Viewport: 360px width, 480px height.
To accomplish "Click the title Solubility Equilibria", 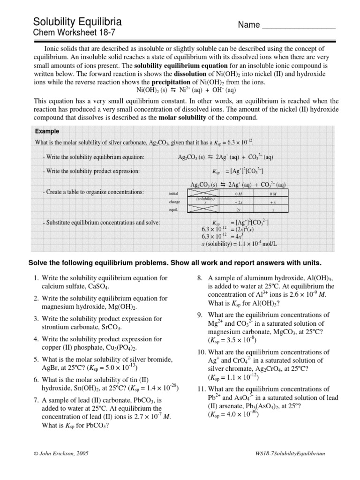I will tap(78, 22).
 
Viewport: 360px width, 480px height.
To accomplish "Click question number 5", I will tap(36, 360).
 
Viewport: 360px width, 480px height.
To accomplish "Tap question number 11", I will tap(201, 389).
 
